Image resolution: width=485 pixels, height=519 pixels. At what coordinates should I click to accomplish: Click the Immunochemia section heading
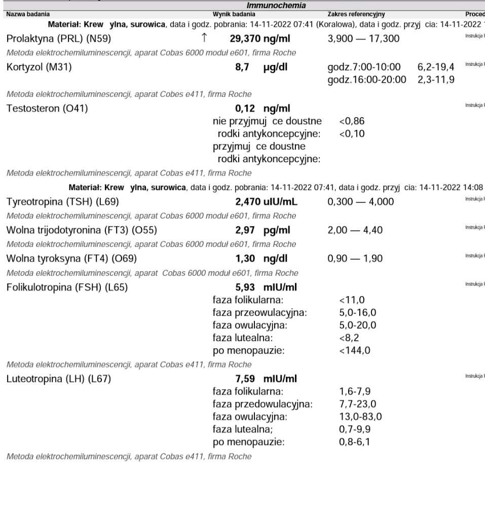click(x=276, y=6)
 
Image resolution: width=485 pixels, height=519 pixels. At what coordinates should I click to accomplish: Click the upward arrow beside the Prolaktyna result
click(x=204, y=38)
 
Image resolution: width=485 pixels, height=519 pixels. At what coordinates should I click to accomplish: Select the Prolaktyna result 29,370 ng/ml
click(x=260, y=39)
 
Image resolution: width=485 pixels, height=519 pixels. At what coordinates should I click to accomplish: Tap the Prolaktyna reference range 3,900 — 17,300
click(x=363, y=39)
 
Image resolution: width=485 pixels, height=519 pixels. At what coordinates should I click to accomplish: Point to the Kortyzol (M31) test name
click(x=39, y=67)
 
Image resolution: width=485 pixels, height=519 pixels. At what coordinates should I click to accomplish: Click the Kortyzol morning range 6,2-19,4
click(x=436, y=67)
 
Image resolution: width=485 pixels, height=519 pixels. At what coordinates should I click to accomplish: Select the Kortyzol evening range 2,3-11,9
click(x=436, y=80)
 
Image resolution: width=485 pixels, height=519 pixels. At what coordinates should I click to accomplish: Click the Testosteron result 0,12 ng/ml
click(x=263, y=108)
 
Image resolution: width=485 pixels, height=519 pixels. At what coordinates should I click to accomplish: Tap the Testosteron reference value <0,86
click(x=352, y=121)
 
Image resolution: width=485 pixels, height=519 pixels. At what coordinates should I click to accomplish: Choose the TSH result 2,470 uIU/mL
click(x=266, y=202)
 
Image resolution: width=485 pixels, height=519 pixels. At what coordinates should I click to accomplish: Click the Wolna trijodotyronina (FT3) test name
click(x=82, y=230)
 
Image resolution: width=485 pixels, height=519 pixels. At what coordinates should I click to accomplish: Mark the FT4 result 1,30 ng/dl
click(x=262, y=258)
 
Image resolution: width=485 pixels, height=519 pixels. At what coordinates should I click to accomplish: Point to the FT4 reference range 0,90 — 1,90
click(x=355, y=258)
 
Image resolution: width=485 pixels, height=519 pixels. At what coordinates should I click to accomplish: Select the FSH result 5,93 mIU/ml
click(x=266, y=287)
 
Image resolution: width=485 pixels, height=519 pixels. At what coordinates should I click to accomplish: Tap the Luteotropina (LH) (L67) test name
click(x=58, y=379)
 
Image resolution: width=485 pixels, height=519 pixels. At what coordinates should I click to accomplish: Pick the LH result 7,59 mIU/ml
click(x=266, y=379)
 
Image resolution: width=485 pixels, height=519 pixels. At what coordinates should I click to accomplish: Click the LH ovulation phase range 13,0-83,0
click(x=360, y=417)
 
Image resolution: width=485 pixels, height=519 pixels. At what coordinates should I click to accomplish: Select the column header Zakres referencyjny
click(x=356, y=14)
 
